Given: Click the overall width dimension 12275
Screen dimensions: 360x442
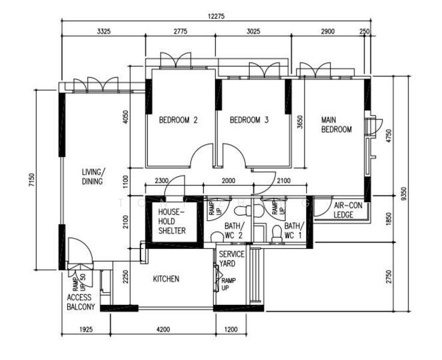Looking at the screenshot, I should pyautogui.click(x=216, y=17).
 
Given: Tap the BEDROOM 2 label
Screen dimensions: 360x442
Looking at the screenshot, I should pyautogui.click(x=178, y=120).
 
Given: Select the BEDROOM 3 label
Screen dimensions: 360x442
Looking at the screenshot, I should pyautogui.click(x=249, y=120).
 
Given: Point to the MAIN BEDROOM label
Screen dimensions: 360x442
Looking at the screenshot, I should pyautogui.click(x=336, y=124).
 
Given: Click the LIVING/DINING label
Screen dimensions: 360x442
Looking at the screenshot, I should pyautogui.click(x=93, y=176).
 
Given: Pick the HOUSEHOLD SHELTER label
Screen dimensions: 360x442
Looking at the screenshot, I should pyautogui.click(x=172, y=221).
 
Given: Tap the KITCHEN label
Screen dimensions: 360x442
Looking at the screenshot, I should pyautogui.click(x=166, y=279).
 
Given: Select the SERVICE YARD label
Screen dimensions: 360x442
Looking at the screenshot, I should pyautogui.click(x=231, y=259).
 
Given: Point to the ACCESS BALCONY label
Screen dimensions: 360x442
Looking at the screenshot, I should pyautogui.click(x=80, y=302).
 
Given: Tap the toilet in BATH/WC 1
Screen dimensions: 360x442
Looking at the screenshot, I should pyautogui.click(x=277, y=235).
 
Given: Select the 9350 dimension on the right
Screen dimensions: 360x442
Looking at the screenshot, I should pyautogui.click(x=405, y=194).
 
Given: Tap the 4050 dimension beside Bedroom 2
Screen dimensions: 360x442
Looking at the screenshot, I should pyautogui.click(x=126, y=116).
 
